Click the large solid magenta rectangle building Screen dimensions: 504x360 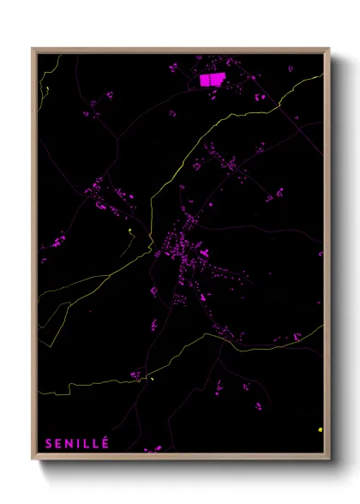click(x=211, y=80)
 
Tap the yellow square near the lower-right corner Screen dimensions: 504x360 click(x=320, y=429)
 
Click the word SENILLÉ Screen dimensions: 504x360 click(x=77, y=443)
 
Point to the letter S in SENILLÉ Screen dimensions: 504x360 click(x=48, y=443)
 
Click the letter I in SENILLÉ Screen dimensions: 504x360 click(x=80, y=443)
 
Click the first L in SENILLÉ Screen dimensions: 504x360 click(x=87, y=443)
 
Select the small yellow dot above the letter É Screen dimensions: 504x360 click(x=152, y=378)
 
